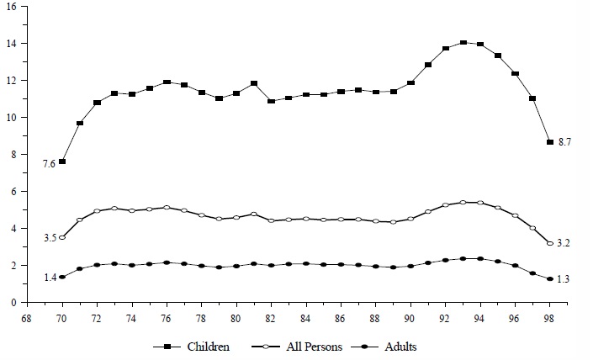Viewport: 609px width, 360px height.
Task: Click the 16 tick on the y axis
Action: click(10, 6)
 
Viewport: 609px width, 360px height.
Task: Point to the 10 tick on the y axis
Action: click(10, 117)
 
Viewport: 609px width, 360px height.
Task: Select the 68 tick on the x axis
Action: click(28, 320)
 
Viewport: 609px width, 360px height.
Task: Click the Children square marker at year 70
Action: click(62, 161)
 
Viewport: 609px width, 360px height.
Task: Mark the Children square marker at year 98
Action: click(550, 142)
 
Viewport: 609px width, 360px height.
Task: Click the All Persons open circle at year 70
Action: click(62, 238)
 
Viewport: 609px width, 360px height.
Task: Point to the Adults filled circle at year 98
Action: click(550, 278)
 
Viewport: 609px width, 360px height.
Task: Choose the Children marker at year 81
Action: click(254, 83)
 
